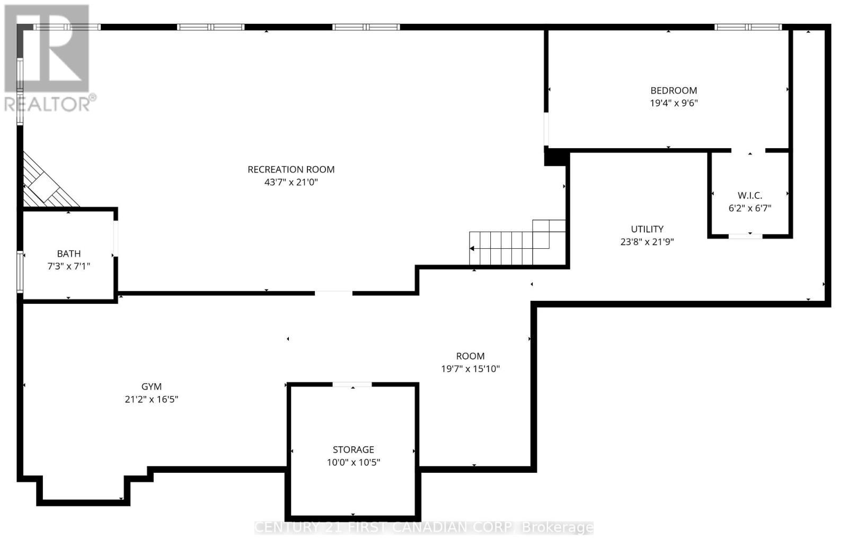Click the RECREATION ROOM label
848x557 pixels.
click(291, 169)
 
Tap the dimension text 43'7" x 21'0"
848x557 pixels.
click(291, 182)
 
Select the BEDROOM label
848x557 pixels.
click(674, 91)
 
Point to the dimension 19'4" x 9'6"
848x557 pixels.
click(674, 103)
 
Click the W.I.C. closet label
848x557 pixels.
click(749, 195)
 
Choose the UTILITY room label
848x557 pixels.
click(647, 229)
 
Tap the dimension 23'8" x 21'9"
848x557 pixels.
click(647, 242)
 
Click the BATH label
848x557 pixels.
click(69, 254)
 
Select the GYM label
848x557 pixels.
click(151, 387)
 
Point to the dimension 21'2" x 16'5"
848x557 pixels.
click(151, 400)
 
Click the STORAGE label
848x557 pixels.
click(353, 450)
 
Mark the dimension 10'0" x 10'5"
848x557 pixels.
click(353, 462)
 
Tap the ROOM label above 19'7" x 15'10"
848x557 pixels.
click(470, 356)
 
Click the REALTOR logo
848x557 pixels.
click(48, 58)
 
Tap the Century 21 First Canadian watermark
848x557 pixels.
click(424, 527)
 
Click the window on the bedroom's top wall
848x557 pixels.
click(748, 27)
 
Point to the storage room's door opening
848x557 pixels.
click(352, 384)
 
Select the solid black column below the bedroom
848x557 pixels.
click(556, 157)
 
